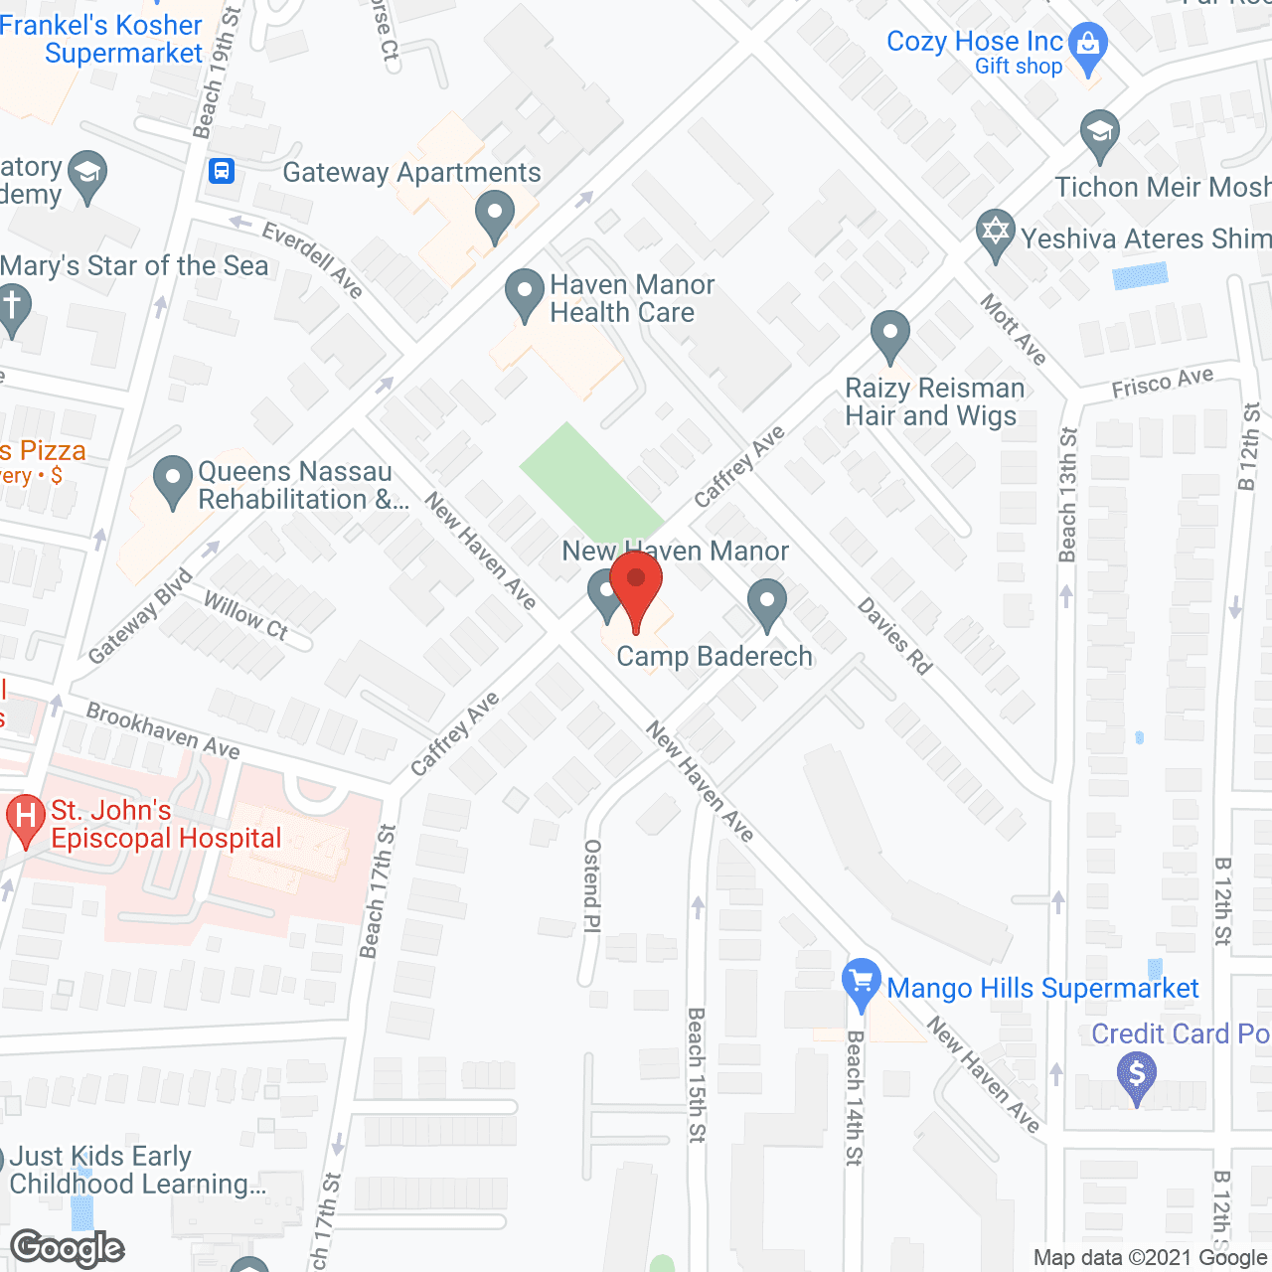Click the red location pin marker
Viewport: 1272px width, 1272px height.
click(x=636, y=586)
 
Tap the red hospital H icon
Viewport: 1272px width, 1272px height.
click(x=26, y=819)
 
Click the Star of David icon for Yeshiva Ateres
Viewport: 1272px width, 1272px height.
click(x=995, y=235)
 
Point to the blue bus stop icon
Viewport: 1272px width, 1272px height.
click(x=222, y=171)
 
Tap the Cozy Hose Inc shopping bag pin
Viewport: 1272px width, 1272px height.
click(x=1089, y=48)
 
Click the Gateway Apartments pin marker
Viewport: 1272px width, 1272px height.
click(x=494, y=215)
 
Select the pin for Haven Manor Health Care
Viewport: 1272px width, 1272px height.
click(x=524, y=293)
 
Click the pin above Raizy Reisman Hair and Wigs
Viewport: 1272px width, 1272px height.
click(x=890, y=335)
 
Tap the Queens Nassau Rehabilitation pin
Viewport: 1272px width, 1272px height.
click(x=173, y=480)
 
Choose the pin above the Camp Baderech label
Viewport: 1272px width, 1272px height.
click(x=766, y=603)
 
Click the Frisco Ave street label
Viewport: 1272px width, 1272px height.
click(x=1163, y=382)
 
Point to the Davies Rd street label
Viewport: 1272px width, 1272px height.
click(x=894, y=636)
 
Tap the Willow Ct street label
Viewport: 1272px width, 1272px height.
click(x=245, y=615)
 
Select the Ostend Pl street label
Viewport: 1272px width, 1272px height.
click(x=592, y=885)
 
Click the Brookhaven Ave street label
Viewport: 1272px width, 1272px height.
click(x=163, y=730)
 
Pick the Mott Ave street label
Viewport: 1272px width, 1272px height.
click(x=1014, y=329)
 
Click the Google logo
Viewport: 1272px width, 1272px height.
click(x=68, y=1248)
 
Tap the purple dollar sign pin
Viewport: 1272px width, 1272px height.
click(x=1137, y=1076)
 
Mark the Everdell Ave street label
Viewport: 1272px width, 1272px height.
click(x=312, y=259)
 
